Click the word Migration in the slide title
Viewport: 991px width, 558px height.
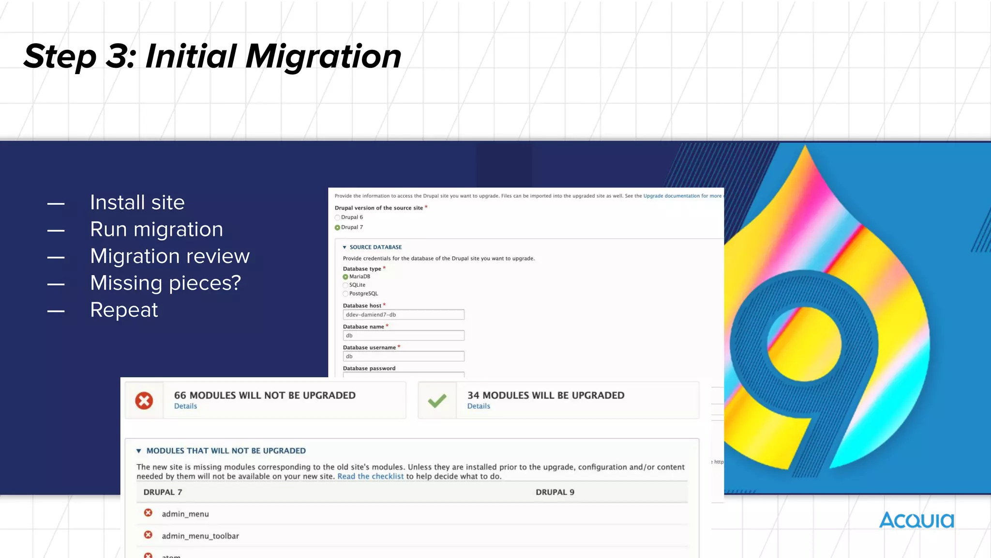click(x=323, y=57)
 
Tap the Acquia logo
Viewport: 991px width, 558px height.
click(x=916, y=521)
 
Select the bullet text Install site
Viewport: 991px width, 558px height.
click(x=137, y=202)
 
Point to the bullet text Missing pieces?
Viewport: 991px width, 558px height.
click(x=165, y=283)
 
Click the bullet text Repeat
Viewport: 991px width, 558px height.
click(x=124, y=310)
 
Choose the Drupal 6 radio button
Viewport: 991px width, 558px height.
click(x=338, y=217)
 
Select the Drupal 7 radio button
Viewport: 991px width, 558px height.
click(x=338, y=228)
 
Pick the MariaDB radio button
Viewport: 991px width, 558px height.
click(x=345, y=277)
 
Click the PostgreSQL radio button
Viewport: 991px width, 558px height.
click(x=345, y=294)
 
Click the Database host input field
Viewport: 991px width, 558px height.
click(x=404, y=315)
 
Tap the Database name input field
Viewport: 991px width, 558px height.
click(x=404, y=336)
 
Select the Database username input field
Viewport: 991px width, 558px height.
click(x=404, y=356)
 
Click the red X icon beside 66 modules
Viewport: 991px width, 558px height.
click(x=144, y=401)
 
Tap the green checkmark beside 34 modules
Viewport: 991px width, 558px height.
click(x=437, y=401)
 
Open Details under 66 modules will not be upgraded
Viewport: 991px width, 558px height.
click(x=185, y=406)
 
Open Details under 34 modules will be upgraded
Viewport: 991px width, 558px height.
click(x=479, y=406)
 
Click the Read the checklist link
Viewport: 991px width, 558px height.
click(x=370, y=477)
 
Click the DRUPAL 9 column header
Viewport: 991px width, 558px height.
click(x=555, y=492)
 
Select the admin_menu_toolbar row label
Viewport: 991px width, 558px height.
click(x=200, y=536)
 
